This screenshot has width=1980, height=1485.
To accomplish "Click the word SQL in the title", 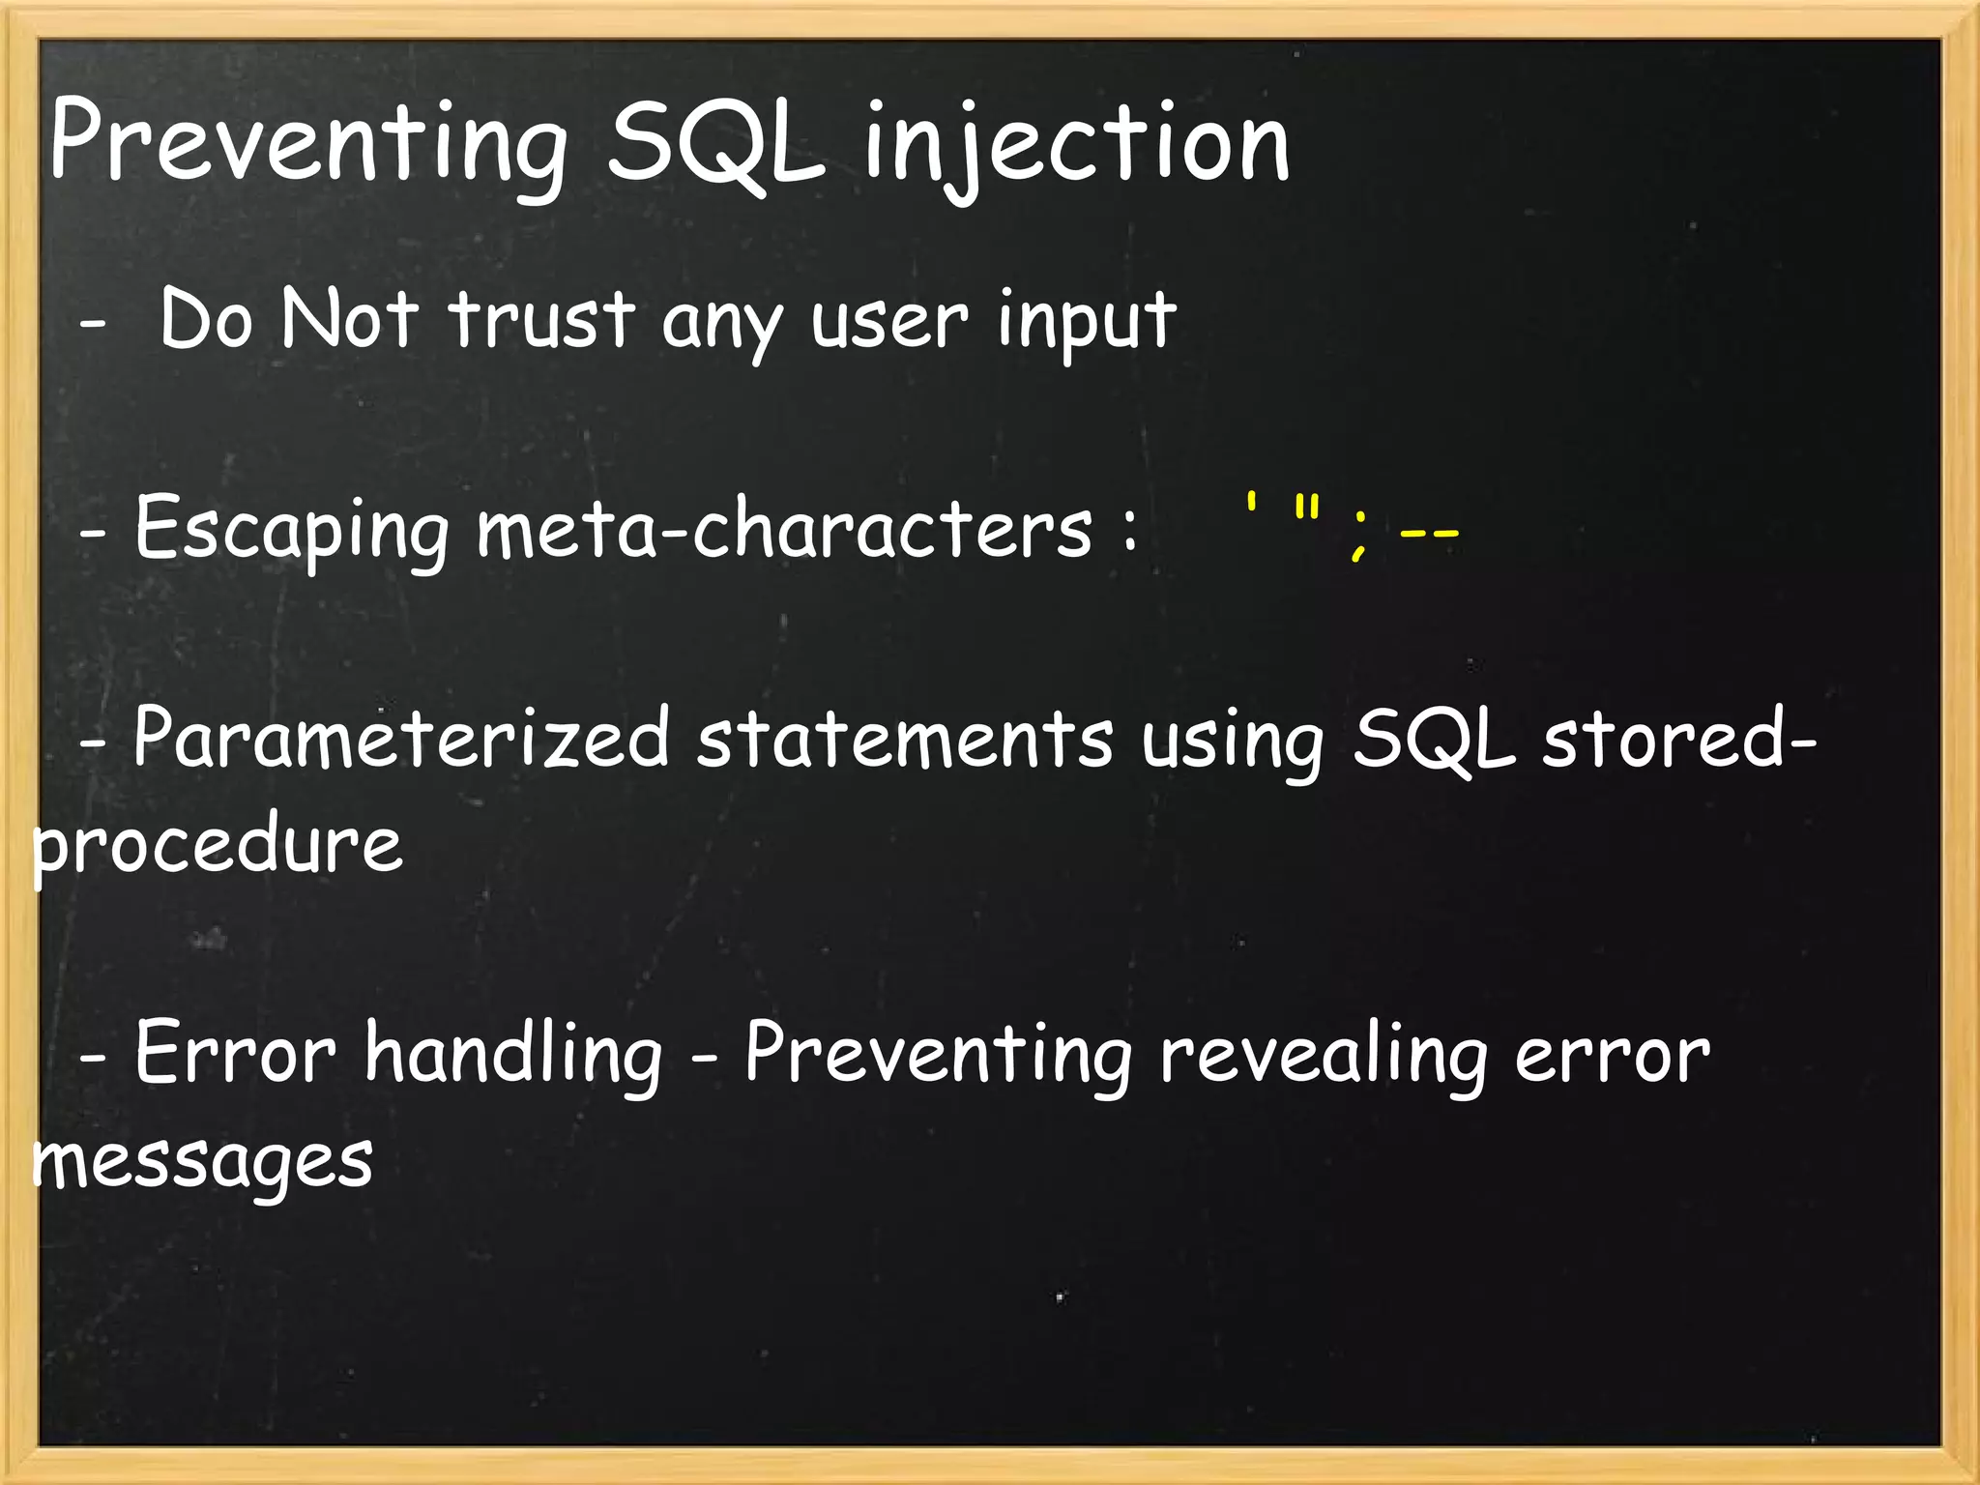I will point(716,145).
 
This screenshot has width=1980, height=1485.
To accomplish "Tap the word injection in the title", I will point(1077,145).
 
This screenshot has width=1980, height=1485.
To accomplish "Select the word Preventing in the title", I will point(307,145).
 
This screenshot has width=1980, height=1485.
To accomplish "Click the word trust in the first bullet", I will point(542,319).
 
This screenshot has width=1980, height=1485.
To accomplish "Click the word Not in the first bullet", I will point(350,319).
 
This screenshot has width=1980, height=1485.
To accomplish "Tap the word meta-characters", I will point(784,530).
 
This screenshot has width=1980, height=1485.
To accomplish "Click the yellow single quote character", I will point(1251,505).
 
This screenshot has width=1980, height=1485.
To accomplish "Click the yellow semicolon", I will point(1360,534).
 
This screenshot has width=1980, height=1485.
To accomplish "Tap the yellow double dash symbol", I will point(1429,534).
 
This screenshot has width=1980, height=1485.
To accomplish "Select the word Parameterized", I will point(401,740).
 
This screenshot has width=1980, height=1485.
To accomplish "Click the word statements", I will point(905,740).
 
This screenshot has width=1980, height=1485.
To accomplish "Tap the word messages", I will point(203,1160).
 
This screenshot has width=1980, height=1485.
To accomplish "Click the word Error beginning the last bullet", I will point(235,1054).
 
